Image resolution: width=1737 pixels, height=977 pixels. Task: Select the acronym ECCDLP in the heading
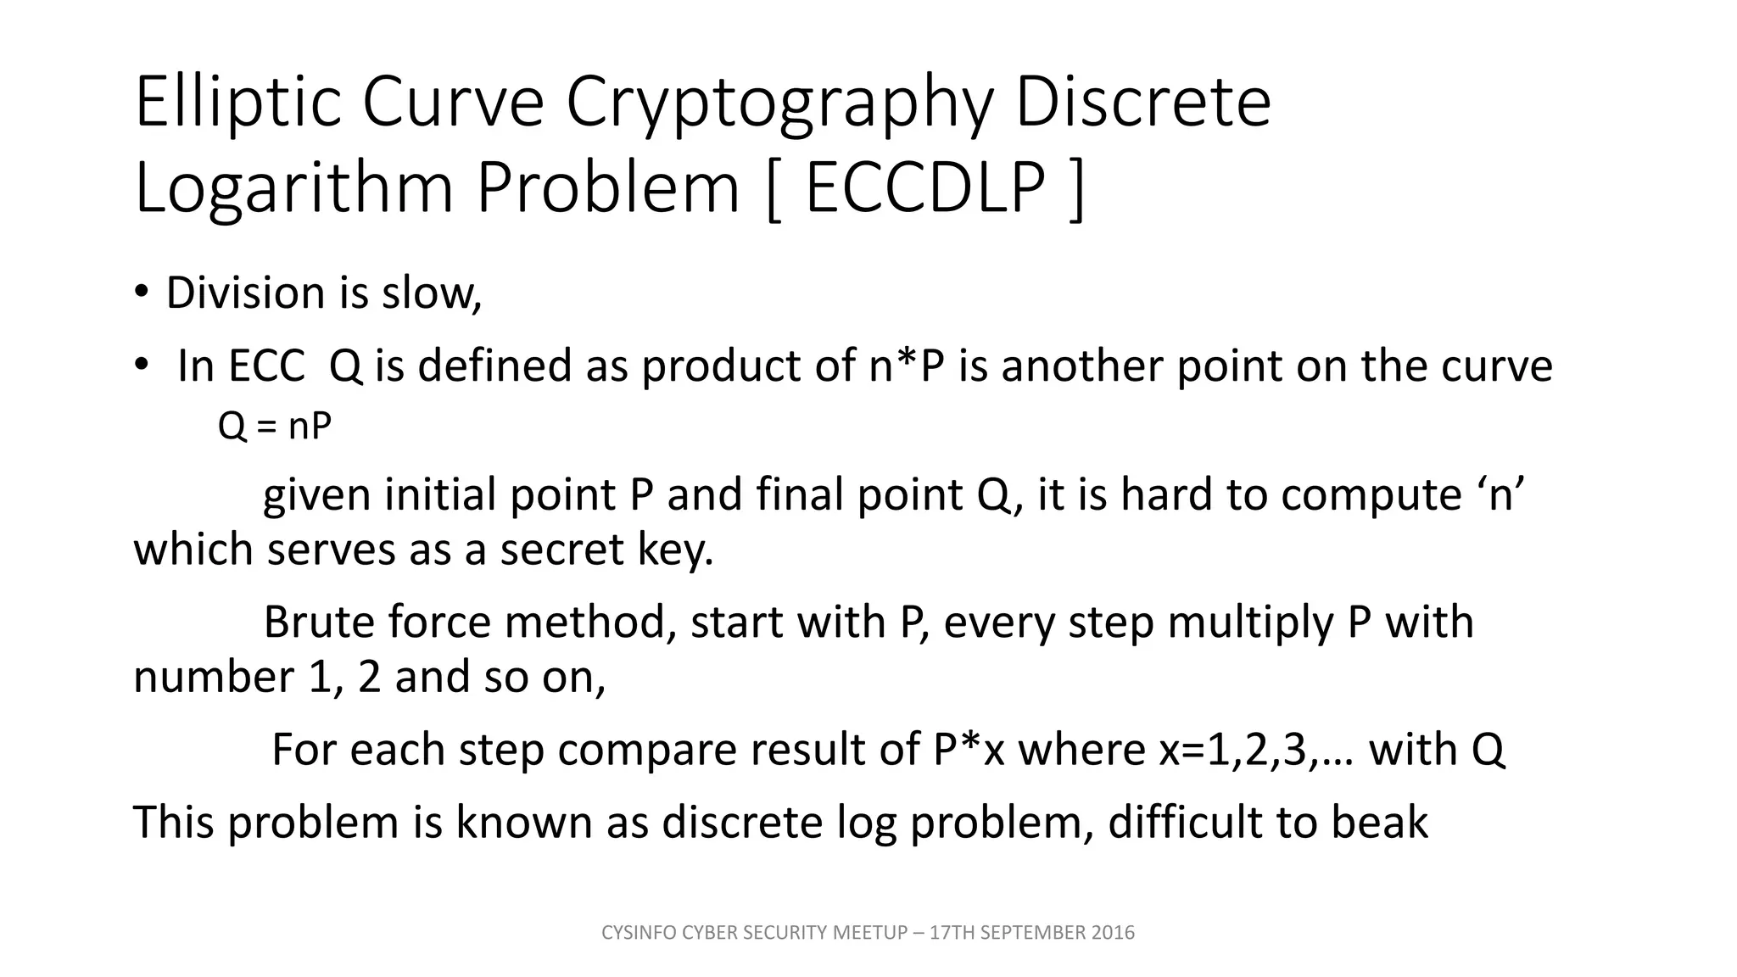pyautogui.click(x=924, y=188)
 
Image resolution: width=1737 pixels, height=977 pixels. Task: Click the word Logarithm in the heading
pyautogui.click(x=293, y=188)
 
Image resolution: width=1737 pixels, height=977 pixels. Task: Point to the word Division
pyautogui.click(x=245, y=293)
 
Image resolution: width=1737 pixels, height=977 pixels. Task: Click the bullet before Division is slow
pyautogui.click(x=141, y=293)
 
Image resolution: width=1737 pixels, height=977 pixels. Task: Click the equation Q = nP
pyautogui.click(x=274, y=426)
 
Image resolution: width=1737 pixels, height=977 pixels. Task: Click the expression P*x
pyautogui.click(x=968, y=750)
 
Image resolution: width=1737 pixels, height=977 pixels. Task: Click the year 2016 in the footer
pyautogui.click(x=1113, y=933)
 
